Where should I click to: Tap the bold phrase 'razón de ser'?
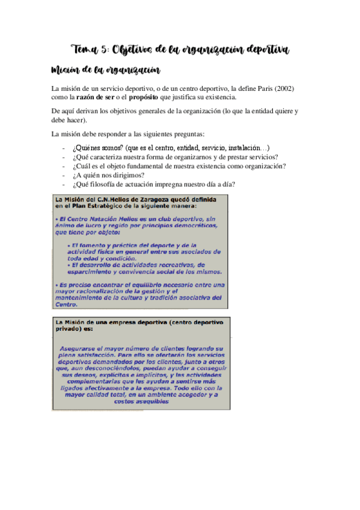[96, 97]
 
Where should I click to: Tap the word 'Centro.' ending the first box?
[68, 305]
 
